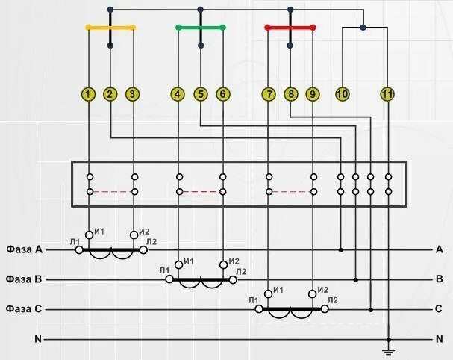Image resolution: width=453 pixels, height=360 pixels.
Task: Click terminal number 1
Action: (x=89, y=94)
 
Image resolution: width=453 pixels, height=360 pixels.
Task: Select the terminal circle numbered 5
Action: (x=200, y=94)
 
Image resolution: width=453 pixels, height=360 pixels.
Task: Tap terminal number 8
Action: (x=290, y=94)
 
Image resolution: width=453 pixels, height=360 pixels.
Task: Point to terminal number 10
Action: (x=343, y=94)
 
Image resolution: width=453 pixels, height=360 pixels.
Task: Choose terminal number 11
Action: (x=387, y=94)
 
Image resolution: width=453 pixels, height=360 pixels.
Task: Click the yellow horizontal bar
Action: (x=110, y=28)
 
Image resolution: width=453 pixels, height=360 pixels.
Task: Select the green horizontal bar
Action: (x=200, y=28)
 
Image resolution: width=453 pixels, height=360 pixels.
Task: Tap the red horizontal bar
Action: (x=290, y=28)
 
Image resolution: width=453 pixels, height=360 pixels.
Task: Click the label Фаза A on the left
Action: (x=24, y=249)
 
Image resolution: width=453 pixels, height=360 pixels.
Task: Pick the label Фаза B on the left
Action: (x=24, y=279)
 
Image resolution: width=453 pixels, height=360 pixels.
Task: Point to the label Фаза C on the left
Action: (x=24, y=308)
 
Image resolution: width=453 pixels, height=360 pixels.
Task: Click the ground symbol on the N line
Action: (x=388, y=350)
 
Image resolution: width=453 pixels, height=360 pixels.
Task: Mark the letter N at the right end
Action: (x=440, y=339)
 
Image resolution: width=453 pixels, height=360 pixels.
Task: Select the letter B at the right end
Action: (x=440, y=279)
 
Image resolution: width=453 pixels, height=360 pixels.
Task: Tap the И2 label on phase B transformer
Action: (x=234, y=261)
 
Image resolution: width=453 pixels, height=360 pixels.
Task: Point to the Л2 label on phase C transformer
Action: (x=332, y=300)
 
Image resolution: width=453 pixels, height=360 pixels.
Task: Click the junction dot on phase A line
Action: (x=341, y=249)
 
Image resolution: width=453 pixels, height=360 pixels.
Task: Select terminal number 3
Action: (x=132, y=94)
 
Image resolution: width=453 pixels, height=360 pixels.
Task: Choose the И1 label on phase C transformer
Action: (x=279, y=290)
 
